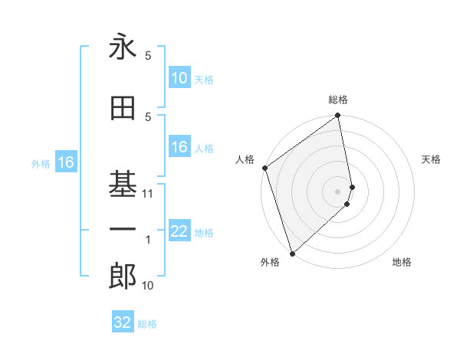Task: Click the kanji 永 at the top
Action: pyautogui.click(x=123, y=47)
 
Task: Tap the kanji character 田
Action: pyautogui.click(x=123, y=108)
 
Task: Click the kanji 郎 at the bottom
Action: pyautogui.click(x=123, y=277)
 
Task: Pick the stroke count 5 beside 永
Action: pyautogui.click(x=148, y=56)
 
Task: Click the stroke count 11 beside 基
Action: pyautogui.click(x=148, y=194)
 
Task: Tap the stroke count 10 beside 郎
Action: pyautogui.click(x=148, y=286)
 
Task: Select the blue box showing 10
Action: pyautogui.click(x=179, y=78)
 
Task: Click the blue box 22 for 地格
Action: pyautogui.click(x=179, y=232)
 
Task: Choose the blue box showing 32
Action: pyautogui.click(x=123, y=322)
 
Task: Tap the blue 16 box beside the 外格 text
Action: pyautogui.click(x=65, y=162)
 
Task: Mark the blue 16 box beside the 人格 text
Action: pyautogui.click(x=179, y=148)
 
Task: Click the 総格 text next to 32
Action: pyautogui.click(x=147, y=324)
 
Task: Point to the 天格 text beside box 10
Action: pyautogui.click(x=203, y=79)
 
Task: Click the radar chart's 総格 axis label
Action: pyautogui.click(x=338, y=100)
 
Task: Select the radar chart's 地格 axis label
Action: pyautogui.click(x=402, y=262)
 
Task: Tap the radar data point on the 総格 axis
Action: pyautogui.click(x=338, y=116)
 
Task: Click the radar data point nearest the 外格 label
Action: pyautogui.click(x=292, y=254)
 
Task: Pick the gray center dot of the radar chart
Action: pyautogui.click(x=338, y=191)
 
